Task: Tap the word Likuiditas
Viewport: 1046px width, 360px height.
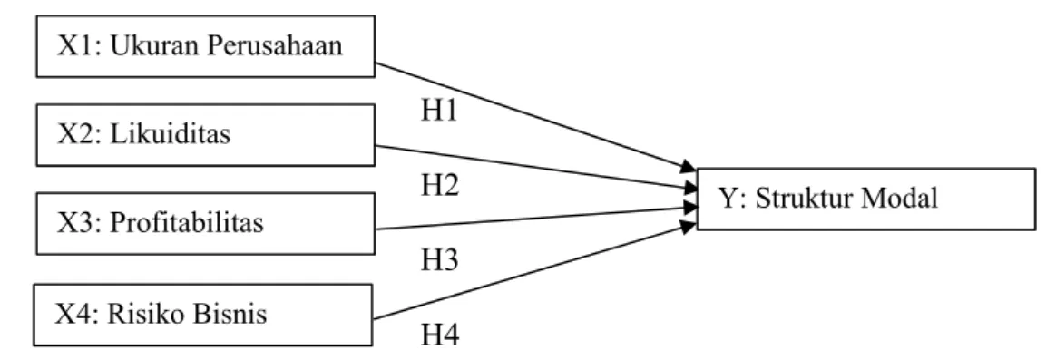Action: pos(170,134)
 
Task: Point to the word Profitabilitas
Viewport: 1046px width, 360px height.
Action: pos(186,223)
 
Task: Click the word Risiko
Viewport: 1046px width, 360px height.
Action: pos(142,314)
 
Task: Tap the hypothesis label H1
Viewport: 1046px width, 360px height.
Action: pos(440,112)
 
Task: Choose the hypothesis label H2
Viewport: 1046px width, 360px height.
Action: pos(440,187)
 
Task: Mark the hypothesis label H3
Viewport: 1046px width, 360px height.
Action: pos(440,260)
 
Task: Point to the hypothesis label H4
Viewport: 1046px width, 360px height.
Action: pos(440,336)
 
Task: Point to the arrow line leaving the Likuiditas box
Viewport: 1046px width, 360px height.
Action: pos(536,168)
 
